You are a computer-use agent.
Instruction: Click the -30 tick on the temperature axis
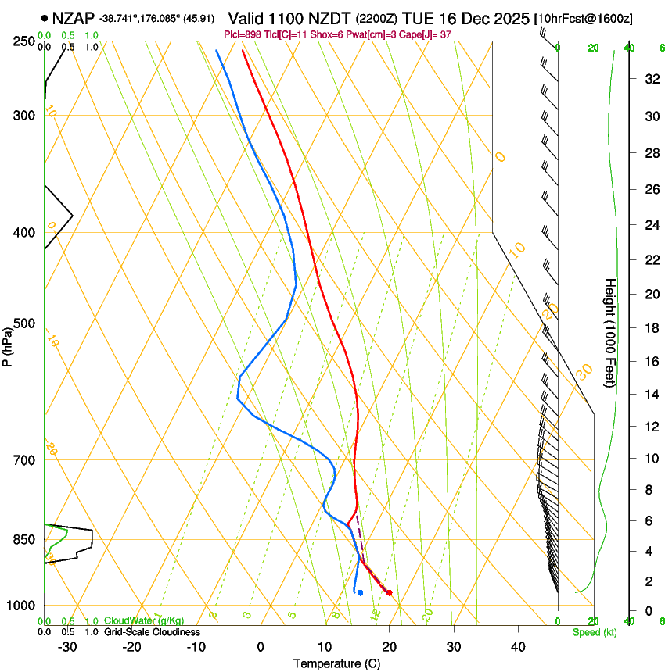[67, 647]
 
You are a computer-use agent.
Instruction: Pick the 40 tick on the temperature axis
[518, 647]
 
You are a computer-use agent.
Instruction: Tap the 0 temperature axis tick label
[261, 647]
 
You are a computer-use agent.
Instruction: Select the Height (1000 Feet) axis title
[610, 332]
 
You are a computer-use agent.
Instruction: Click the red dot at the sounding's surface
[389, 593]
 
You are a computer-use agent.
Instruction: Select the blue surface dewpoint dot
[360, 593]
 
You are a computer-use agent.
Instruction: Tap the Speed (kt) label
[594, 632]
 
